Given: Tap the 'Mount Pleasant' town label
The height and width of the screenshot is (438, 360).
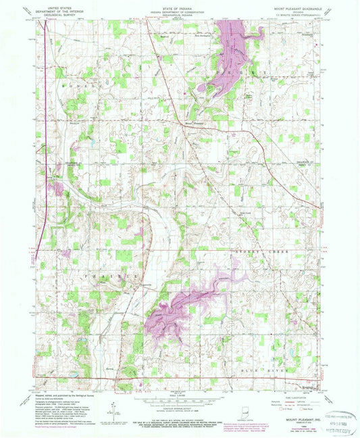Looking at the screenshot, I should (194, 123).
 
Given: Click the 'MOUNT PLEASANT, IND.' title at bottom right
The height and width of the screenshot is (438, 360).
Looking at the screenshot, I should (298, 420).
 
